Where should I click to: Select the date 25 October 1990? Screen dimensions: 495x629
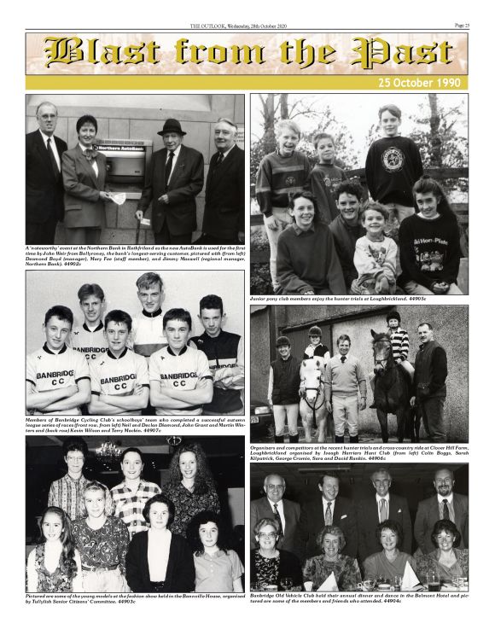422,83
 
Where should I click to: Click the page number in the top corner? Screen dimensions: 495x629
461,26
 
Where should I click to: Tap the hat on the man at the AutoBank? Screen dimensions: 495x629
171,126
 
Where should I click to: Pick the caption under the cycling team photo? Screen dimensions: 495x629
135,424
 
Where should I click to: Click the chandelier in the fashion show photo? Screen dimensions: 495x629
108,451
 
